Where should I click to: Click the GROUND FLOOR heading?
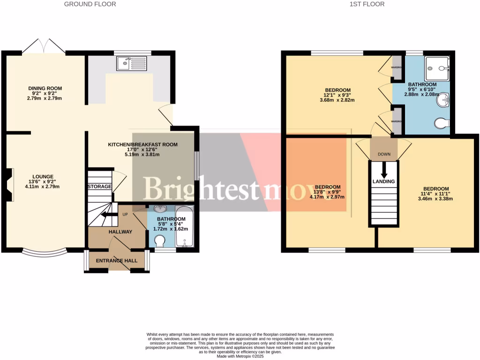click(90, 4)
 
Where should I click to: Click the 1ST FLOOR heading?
click(367, 4)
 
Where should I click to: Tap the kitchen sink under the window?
click(133, 63)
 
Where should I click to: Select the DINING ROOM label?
click(45, 88)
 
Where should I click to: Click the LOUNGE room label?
click(43, 177)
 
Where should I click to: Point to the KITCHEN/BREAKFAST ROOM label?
click(143, 144)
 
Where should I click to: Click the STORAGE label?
click(99, 187)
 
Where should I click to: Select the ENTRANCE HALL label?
click(117, 261)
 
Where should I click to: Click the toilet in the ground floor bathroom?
click(159, 241)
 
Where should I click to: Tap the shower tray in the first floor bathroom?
click(437, 68)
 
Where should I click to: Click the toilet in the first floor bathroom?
click(442, 123)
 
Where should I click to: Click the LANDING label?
click(384, 181)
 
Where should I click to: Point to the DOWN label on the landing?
click(384, 153)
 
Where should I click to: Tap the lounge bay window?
click(45, 253)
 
